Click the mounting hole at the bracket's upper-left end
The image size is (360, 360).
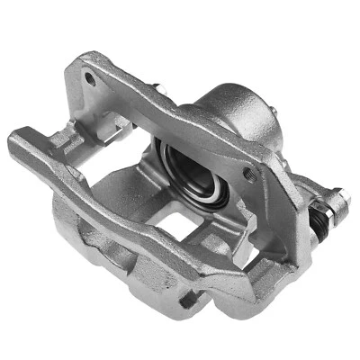(90, 78)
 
